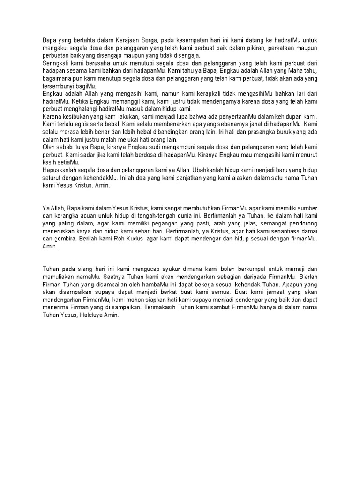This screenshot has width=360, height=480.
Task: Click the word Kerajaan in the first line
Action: click(123, 41)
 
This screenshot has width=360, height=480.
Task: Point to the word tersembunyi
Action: click(58, 86)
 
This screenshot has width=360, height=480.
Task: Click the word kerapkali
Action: click(182, 93)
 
